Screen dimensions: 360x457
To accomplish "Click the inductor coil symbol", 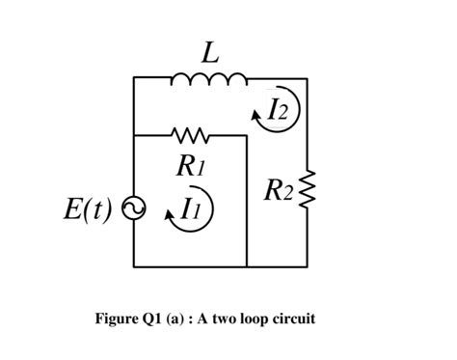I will click(210, 79).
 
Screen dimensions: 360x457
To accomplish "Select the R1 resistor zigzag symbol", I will click(191, 134).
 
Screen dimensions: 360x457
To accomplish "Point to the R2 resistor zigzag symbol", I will click(309, 193).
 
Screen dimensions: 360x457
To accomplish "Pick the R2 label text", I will click(278, 192).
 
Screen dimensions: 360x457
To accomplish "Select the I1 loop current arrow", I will click(189, 208).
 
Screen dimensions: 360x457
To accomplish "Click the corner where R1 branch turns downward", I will click(248, 135).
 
